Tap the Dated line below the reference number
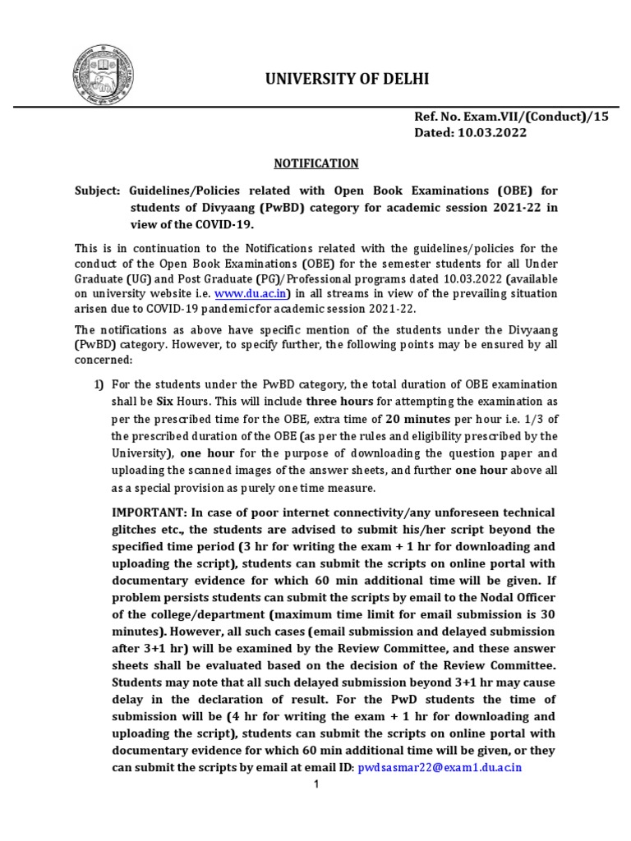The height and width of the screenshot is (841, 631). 470,132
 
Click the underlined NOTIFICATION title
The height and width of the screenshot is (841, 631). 315,163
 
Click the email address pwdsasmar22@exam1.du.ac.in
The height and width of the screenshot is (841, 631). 440,768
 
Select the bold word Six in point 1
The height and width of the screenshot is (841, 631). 168,402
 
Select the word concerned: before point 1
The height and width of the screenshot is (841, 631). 103,359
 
